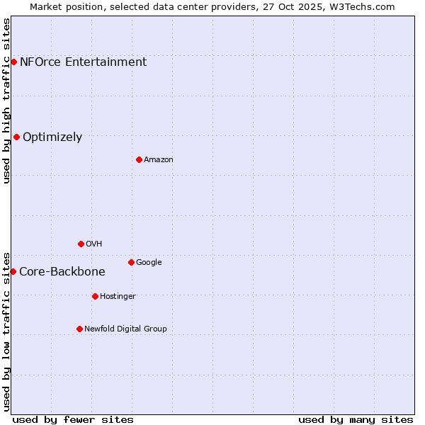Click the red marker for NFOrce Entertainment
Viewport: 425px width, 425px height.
click(13, 62)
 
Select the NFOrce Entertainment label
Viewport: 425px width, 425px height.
click(83, 62)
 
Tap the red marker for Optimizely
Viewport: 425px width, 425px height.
click(16, 137)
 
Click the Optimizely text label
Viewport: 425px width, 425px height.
click(52, 137)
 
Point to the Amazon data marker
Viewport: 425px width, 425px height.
click(139, 159)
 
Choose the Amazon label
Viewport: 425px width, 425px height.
click(158, 160)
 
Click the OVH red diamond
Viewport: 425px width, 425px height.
click(81, 244)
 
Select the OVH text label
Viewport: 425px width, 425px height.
click(93, 244)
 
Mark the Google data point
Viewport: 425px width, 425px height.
click(131, 262)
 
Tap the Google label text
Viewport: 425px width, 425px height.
click(149, 263)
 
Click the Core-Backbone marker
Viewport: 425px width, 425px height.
click(13, 271)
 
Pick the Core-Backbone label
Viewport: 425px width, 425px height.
click(62, 271)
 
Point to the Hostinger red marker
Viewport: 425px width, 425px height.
click(95, 296)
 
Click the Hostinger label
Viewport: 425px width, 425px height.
click(118, 297)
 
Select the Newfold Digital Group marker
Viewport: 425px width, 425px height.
click(79, 329)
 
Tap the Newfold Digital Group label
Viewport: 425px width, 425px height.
click(125, 329)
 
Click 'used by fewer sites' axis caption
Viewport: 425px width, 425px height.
click(73, 419)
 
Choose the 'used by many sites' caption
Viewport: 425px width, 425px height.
click(356, 419)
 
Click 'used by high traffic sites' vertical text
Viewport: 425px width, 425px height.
click(6, 101)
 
